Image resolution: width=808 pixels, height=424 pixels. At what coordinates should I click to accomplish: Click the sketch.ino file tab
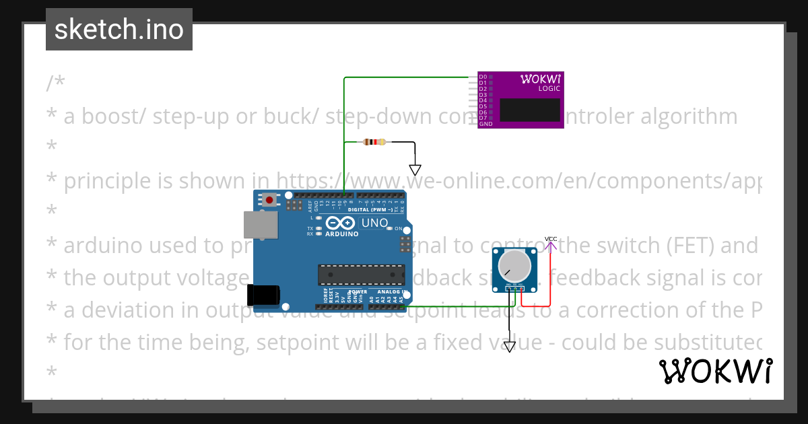[119, 30]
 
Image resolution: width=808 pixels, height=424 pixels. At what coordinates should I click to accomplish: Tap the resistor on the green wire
[374, 142]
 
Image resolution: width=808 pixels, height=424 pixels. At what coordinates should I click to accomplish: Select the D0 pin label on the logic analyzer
[482, 77]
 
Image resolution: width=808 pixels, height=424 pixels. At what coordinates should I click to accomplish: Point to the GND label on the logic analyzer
[485, 125]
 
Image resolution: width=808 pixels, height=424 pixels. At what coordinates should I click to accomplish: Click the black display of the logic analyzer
[530, 110]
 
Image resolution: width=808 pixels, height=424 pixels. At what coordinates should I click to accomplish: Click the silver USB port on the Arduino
[255, 225]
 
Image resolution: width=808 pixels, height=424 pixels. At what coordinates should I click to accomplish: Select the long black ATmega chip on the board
[361, 275]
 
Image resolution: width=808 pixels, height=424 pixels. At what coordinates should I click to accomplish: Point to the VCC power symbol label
[551, 239]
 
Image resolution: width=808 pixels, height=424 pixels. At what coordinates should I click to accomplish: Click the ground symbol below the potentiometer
[510, 347]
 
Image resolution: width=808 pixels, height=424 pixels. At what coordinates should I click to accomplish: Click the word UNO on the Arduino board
[375, 223]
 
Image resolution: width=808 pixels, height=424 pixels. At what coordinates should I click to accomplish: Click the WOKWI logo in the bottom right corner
[716, 372]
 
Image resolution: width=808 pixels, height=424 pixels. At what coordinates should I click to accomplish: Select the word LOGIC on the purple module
[549, 89]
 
